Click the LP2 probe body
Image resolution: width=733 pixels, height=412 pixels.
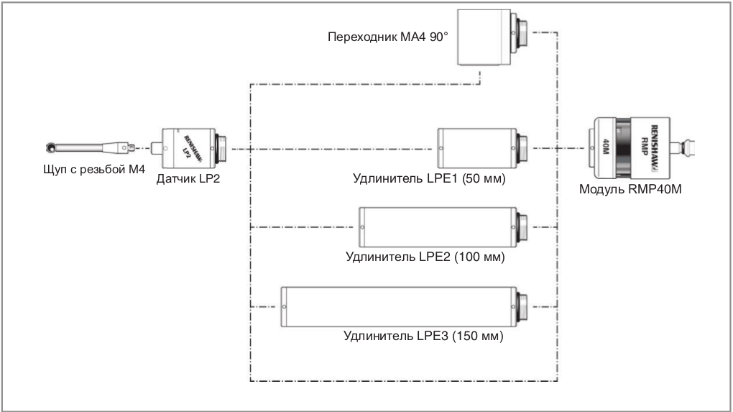(x=190, y=149)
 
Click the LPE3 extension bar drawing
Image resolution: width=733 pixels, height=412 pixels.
(x=400, y=306)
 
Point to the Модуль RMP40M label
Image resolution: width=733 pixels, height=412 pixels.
(x=629, y=189)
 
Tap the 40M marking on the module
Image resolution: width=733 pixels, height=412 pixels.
(x=605, y=148)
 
